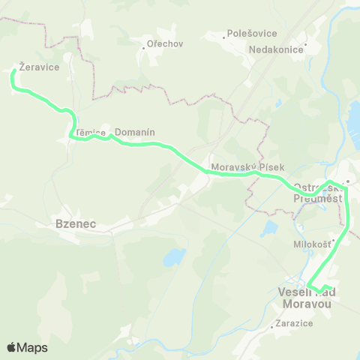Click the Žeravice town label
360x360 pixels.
point(34,66)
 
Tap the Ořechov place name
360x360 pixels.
point(166,43)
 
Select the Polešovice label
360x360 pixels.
point(253,34)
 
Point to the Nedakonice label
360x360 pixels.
point(276,49)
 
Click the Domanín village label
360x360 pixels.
point(135,132)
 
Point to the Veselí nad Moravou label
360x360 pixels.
point(305,297)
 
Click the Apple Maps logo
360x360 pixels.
point(27,347)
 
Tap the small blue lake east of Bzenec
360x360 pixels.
point(174,258)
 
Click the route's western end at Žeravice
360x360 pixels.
point(13,73)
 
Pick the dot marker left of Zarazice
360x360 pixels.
point(271,326)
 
